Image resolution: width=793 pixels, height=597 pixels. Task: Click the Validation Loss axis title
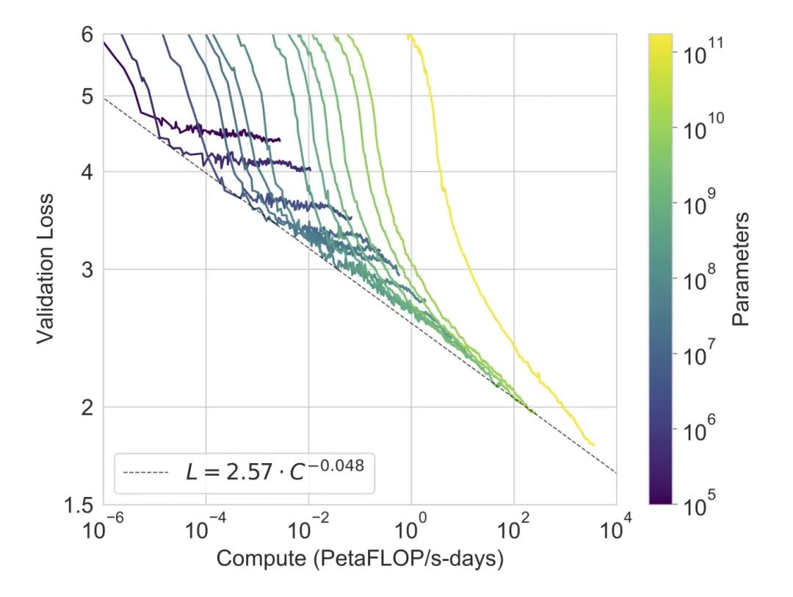pyautogui.click(x=46, y=268)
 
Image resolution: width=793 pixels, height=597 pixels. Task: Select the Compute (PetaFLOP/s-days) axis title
pyautogui.click(x=359, y=560)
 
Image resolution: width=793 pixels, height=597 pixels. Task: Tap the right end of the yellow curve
pyautogui.click(x=593, y=444)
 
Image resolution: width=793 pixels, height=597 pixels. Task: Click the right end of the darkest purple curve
pyautogui.click(x=280, y=140)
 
